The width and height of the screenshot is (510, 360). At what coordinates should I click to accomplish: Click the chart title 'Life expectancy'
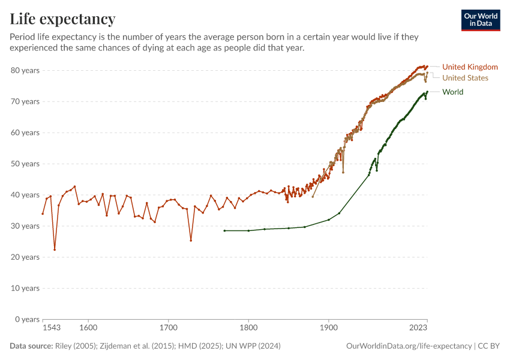[x=62, y=19]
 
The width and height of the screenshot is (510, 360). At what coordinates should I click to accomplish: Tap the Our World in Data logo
[x=481, y=20]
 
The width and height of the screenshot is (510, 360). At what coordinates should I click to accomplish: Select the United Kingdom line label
[x=470, y=67]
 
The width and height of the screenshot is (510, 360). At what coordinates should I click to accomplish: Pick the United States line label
[x=465, y=78]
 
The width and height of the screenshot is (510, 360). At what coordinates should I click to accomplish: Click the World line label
[x=452, y=92]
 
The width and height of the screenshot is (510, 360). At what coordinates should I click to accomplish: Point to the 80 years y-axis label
[x=25, y=70]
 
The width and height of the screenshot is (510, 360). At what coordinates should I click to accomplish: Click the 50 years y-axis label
[x=25, y=164]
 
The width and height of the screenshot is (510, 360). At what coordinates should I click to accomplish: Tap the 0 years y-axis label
[x=27, y=319]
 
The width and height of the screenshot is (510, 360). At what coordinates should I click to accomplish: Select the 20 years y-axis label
[x=25, y=257]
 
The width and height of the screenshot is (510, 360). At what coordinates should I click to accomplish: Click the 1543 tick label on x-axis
[x=52, y=328]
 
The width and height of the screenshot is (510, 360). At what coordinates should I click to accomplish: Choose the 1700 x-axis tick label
[x=169, y=328]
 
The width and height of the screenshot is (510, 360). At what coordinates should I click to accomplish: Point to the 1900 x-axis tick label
[x=329, y=328]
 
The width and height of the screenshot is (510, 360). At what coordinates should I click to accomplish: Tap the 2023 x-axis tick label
[x=418, y=328]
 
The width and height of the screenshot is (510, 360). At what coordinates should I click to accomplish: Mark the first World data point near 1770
[x=224, y=230]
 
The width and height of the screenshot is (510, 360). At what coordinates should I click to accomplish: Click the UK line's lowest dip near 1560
[x=55, y=250]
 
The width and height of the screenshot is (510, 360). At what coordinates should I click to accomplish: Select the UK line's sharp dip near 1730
[x=191, y=241]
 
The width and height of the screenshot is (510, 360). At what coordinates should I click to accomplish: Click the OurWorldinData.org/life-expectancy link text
[x=409, y=346]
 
